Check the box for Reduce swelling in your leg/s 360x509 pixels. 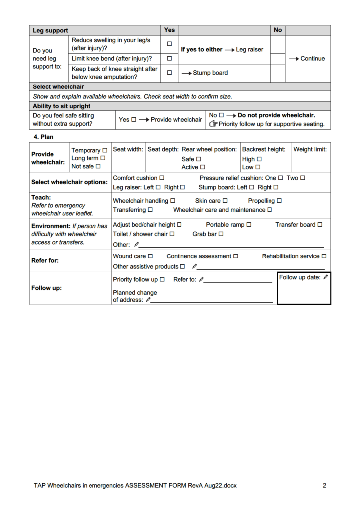tap(169, 44)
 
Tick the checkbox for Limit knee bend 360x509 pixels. tap(169, 59)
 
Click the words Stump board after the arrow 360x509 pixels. tap(210, 73)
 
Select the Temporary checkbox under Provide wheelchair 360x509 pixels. tap(104, 150)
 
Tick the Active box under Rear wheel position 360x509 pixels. tap(202, 167)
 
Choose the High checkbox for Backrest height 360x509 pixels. tap(259, 159)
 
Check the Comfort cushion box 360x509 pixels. tap(162, 178)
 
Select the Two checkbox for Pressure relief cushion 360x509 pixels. tap(303, 178)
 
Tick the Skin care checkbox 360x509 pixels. tap(225, 201)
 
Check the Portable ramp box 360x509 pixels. tap(249, 225)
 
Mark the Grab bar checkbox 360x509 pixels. tap(221, 234)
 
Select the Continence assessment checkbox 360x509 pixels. tap(236, 256)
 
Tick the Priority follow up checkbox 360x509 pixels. tap(162, 280)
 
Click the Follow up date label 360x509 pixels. tap(299, 277)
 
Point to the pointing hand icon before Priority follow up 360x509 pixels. tap(213, 124)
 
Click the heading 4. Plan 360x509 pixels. tap(43, 137)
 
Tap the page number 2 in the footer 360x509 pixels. tap(324, 486)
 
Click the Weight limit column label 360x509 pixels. tap(310, 149)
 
